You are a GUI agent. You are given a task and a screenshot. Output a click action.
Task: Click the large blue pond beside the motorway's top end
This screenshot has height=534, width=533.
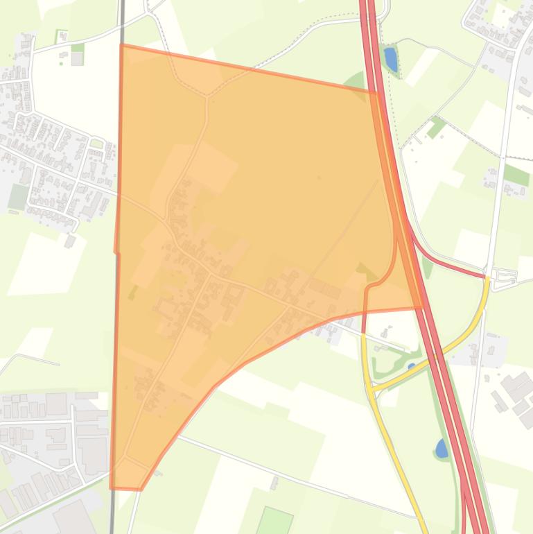coord(391,60)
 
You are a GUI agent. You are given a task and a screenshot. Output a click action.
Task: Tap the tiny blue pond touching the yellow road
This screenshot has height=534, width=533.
coord(412,365)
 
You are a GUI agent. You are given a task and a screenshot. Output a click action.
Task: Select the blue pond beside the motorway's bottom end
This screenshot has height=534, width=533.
coord(442,449)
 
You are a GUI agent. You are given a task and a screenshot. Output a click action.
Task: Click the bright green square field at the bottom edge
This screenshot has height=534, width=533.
coord(275,521)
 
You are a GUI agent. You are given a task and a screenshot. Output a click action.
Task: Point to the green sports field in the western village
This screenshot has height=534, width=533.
coord(17,196)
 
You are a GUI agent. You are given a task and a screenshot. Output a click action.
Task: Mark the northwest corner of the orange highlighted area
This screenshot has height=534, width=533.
coord(122,46)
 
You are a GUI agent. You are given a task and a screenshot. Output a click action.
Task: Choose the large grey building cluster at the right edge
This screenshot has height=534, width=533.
coord(516,391)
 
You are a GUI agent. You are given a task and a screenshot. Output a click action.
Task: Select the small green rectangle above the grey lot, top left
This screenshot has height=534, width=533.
coord(78,48)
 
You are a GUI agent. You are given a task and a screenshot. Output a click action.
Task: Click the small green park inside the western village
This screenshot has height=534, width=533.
coord(96,144)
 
